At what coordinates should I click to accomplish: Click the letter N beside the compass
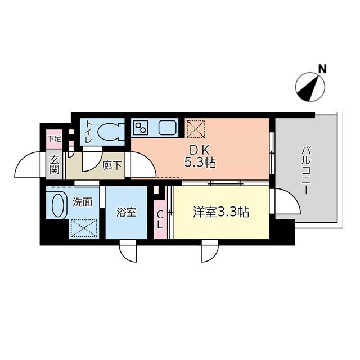[323, 69]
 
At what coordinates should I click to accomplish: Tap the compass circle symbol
[310, 87]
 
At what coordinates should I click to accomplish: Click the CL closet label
[160, 220]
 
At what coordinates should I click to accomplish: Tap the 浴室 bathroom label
[126, 212]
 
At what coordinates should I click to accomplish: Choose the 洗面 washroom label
[83, 202]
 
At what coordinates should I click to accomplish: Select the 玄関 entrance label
[54, 164]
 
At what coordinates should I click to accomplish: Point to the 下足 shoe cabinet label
[55, 139]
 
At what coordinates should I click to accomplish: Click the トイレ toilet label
[89, 132]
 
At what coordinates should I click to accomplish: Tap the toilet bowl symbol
[111, 132]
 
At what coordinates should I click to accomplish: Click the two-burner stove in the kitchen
[140, 128]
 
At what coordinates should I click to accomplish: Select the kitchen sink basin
[168, 128]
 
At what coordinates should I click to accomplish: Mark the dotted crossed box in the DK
[195, 129]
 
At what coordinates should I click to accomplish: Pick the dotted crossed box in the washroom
[84, 228]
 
